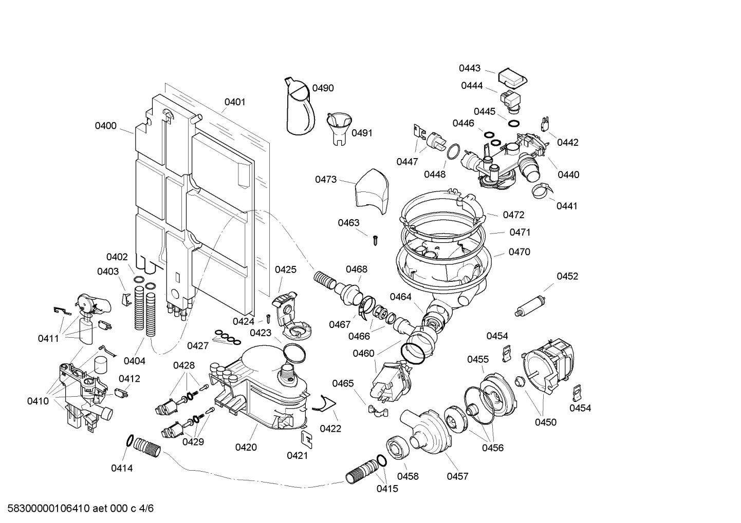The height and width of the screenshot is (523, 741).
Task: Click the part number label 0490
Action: (323, 88)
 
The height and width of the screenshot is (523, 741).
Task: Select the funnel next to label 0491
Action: (339, 126)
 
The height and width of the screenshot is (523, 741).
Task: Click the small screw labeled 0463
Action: (376, 238)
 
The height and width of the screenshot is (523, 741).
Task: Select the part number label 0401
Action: (234, 102)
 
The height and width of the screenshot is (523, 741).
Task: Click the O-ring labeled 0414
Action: (131, 440)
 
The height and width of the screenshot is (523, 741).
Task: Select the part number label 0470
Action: (519, 252)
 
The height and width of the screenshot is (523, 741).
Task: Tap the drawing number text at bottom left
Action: (78, 509)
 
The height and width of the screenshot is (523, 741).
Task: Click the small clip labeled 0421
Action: (305, 437)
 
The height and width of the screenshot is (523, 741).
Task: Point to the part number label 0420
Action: (246, 447)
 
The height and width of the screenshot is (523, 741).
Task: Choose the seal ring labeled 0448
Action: (452, 152)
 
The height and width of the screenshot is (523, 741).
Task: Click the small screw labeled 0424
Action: (268, 318)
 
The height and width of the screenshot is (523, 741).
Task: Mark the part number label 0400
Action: (105, 126)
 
